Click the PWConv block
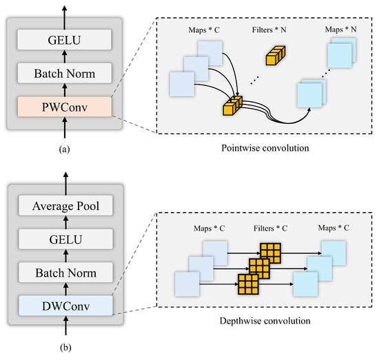[x=65, y=107]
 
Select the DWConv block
[x=65, y=306]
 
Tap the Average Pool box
[x=65, y=206]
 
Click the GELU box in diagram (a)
[x=64, y=40]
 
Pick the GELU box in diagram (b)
[x=65, y=239]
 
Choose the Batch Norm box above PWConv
[x=65, y=73]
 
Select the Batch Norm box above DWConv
[x=65, y=273]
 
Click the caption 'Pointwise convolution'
[x=265, y=148]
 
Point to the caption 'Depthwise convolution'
[x=265, y=321]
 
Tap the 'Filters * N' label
[x=269, y=30]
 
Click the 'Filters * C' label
[x=270, y=228]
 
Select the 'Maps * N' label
[x=340, y=29]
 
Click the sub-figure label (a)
[x=64, y=149]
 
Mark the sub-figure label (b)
[x=65, y=348]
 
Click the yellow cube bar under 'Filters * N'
[x=276, y=55]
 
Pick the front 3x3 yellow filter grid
[x=248, y=284]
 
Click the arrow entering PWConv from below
[x=65, y=127]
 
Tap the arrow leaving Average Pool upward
[x=65, y=184]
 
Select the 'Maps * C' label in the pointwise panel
[x=204, y=30]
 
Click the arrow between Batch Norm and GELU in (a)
[x=65, y=56]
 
